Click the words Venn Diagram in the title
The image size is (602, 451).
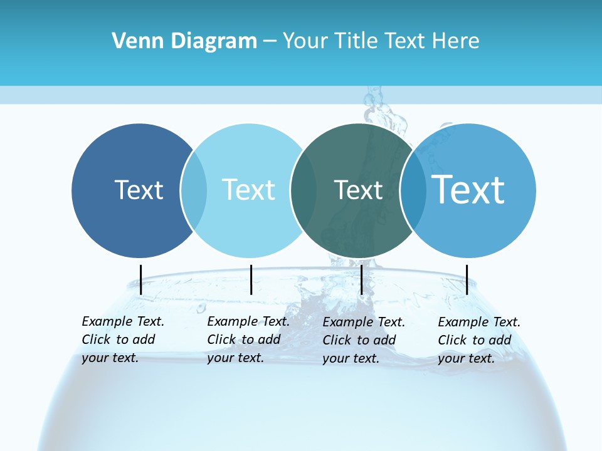tap(184, 41)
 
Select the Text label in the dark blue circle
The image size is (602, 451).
tap(139, 190)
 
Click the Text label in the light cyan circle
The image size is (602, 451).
tap(248, 190)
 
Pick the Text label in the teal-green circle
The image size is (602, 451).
tap(358, 190)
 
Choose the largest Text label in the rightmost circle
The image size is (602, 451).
tap(468, 190)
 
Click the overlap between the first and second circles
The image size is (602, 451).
tap(194, 190)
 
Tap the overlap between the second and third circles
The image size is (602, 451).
tap(304, 190)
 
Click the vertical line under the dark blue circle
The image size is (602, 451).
tap(140, 279)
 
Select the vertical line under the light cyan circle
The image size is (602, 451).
tap(251, 279)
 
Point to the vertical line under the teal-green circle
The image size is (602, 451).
tap(361, 279)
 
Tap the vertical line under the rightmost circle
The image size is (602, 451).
tap(467, 279)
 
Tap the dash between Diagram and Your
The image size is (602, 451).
tap(270, 41)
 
